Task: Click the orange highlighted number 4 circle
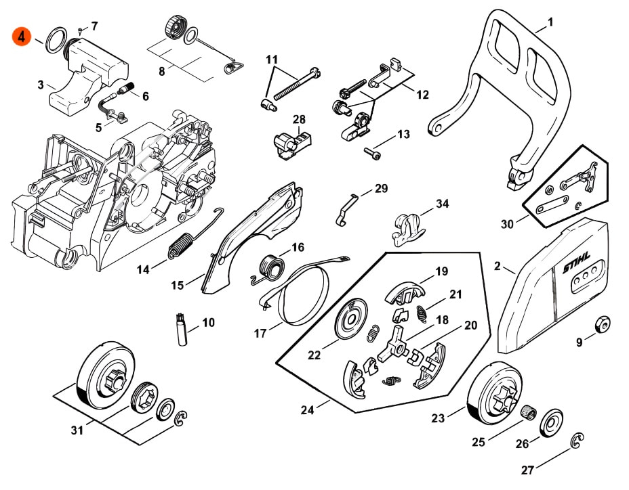22,37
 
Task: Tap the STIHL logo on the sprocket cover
577,263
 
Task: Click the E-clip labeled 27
577,441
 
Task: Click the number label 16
298,247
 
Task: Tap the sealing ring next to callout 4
56,40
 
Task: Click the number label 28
299,119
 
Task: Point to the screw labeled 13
372,153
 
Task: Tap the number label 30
508,224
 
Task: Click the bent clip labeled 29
345,210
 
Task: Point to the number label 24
308,410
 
